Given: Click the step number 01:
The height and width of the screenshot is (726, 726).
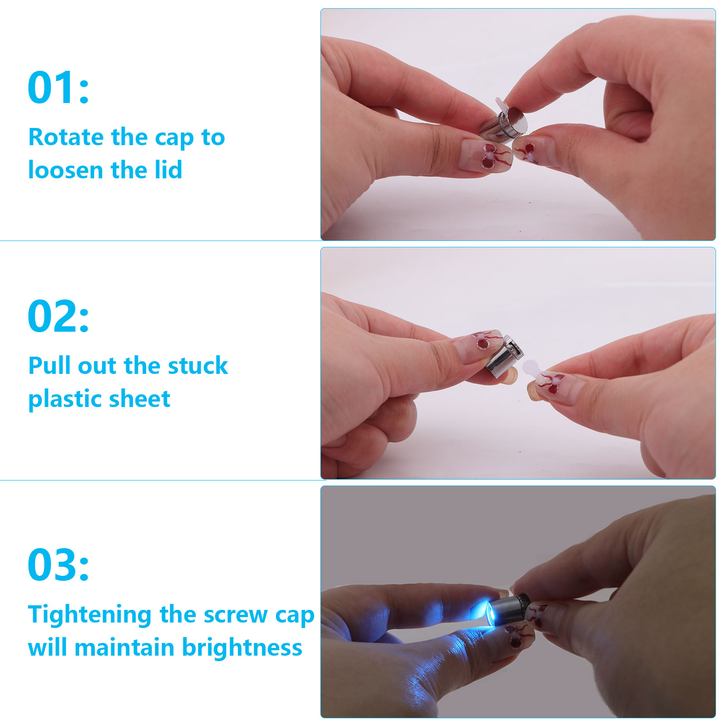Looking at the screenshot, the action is coord(59,87).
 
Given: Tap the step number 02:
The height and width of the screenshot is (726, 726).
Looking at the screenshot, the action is coord(59,316).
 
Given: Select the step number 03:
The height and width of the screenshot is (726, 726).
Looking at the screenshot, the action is coord(59,564).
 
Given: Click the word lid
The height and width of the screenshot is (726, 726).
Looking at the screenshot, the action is coord(169,170).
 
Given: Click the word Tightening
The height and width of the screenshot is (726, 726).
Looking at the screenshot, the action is coord(90,615).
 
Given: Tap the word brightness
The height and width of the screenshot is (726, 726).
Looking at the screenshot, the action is coord(242,648).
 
